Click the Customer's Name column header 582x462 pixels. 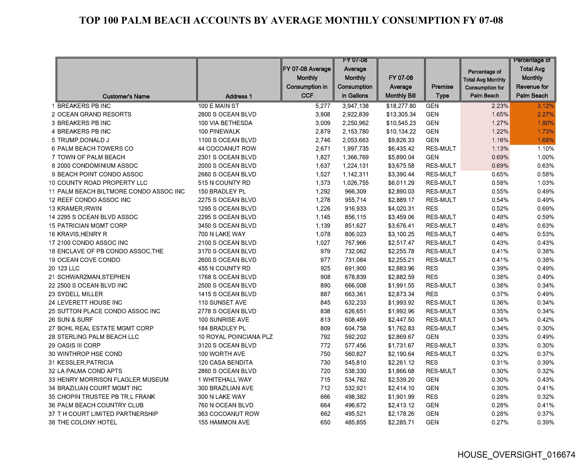pos(126,96)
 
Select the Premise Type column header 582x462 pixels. pos(442,91)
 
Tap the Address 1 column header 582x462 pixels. pos(239,96)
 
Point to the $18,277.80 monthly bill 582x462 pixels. pos(401,106)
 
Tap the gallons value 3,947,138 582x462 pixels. pos(355,106)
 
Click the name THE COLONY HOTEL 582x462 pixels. pos(87,422)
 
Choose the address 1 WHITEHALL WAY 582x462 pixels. pos(225,380)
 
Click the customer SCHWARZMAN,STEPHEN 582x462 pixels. pos(93,277)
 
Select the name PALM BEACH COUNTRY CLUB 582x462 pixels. pos(100,405)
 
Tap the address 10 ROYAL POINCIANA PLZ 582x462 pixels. pos(235,337)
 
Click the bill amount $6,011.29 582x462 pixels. pos(401,183)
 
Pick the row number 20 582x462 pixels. pos(52,268)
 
